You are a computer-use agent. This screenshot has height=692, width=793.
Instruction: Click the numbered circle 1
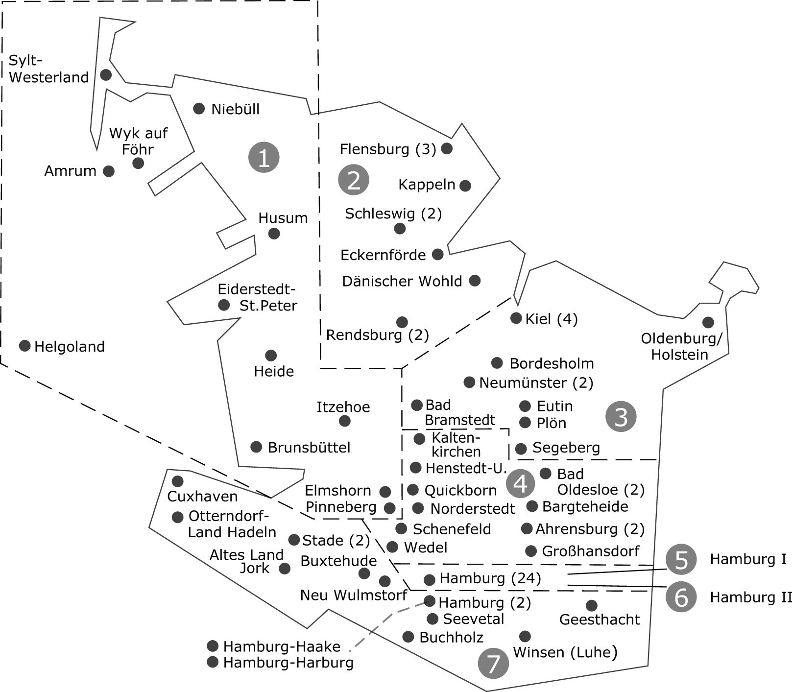click(264, 158)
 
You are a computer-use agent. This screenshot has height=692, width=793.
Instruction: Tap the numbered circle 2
click(353, 180)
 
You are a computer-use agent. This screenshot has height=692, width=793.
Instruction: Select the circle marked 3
click(621, 417)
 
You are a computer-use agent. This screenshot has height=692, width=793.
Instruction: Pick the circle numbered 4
click(520, 483)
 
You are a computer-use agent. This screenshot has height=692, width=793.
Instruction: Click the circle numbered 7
click(493, 664)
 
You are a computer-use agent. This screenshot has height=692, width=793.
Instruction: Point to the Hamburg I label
click(748, 559)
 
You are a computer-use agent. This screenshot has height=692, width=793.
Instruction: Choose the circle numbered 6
click(681, 597)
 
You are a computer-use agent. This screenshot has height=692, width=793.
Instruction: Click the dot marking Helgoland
click(24, 346)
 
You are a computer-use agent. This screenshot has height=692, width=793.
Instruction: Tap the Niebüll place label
click(235, 109)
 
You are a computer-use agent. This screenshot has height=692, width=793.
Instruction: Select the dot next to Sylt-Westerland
click(106, 75)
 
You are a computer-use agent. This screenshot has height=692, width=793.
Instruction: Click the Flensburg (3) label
click(388, 149)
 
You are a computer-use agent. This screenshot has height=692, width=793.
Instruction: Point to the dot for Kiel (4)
click(516, 318)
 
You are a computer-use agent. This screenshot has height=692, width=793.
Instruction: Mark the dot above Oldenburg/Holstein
click(708, 322)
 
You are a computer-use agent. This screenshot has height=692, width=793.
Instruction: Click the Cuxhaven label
click(202, 497)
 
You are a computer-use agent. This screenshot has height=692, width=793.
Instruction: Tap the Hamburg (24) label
click(490, 579)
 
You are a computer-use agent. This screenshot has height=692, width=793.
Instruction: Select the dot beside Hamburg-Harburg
click(213, 662)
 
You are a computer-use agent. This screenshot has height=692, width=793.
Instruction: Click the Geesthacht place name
click(600, 620)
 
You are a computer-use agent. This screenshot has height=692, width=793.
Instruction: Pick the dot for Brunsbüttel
click(256, 447)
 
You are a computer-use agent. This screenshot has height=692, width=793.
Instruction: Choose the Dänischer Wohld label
click(402, 281)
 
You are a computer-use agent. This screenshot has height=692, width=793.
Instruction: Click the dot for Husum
click(274, 234)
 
